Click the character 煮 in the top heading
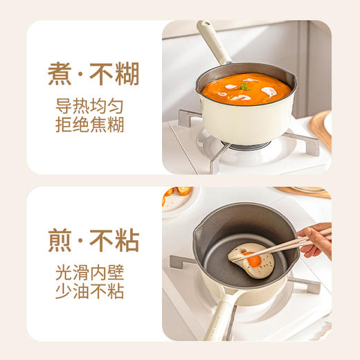[x=60, y=74]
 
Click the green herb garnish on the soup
[x=245, y=87]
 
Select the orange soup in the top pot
[x=246, y=90]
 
